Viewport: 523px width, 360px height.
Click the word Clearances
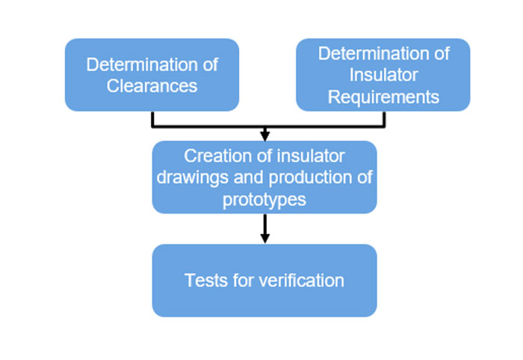tap(152, 86)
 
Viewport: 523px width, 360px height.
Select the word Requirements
tap(383, 97)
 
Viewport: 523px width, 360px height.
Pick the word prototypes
tap(264, 199)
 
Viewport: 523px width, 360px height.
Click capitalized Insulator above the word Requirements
tap(383, 75)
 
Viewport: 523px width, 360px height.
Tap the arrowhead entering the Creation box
tap(264, 136)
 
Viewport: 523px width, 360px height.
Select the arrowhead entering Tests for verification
tap(264, 238)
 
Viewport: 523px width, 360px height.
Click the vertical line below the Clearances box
tap(152, 119)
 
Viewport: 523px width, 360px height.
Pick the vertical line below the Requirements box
tap(384, 119)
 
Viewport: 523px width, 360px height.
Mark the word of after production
tap(365, 178)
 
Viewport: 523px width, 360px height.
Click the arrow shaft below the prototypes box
tap(264, 223)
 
